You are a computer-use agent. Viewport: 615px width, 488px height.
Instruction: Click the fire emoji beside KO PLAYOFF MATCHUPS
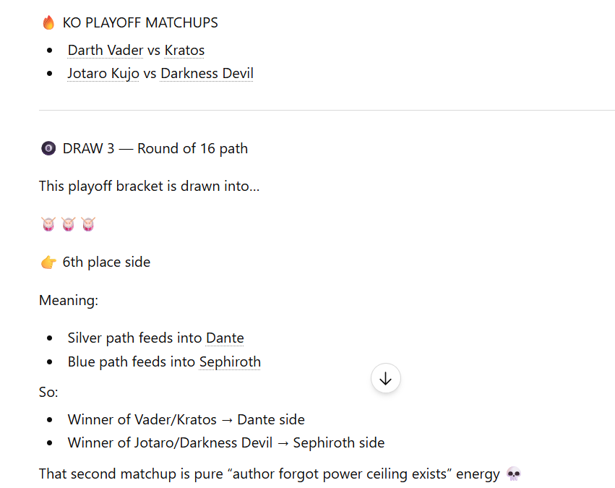(x=48, y=22)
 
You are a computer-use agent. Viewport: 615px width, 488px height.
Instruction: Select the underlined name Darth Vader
(x=106, y=50)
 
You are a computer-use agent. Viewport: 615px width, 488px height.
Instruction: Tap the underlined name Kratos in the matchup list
(x=184, y=50)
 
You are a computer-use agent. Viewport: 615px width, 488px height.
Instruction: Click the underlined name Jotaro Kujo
(x=103, y=73)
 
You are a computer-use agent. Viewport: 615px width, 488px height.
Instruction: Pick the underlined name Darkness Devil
(x=207, y=73)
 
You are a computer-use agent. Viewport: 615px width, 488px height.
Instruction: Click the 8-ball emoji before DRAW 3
(x=48, y=149)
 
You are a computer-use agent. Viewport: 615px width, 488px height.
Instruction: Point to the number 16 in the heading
(x=207, y=149)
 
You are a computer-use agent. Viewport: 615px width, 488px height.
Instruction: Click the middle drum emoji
(x=68, y=224)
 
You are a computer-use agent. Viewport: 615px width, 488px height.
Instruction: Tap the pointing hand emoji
(x=48, y=262)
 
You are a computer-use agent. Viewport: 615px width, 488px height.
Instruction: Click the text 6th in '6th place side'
(x=72, y=262)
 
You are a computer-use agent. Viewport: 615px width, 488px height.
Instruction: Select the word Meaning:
(x=69, y=301)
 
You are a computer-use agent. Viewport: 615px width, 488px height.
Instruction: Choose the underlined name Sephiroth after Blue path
(x=230, y=361)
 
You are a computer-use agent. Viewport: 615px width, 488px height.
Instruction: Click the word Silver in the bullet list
(x=85, y=338)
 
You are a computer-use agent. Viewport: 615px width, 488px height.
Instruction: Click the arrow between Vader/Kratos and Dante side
(x=227, y=420)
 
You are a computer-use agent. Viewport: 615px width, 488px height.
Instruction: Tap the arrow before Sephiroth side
(x=283, y=443)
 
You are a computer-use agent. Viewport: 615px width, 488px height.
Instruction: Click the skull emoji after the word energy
(x=514, y=474)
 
